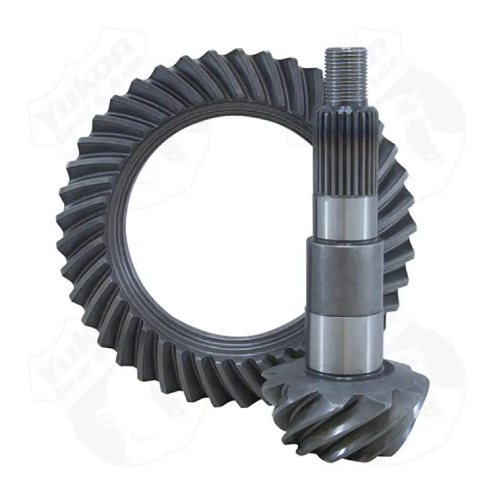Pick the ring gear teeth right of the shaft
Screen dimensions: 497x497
point(398,236)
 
